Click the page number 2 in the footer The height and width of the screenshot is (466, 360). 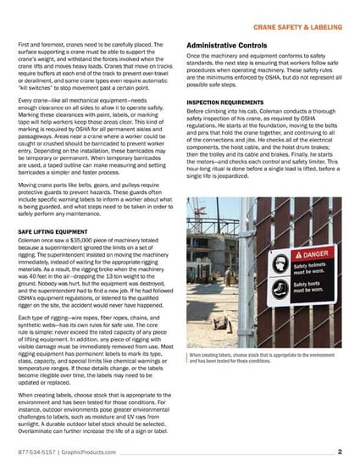coord(338,452)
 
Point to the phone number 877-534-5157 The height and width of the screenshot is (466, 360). coord(38,452)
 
